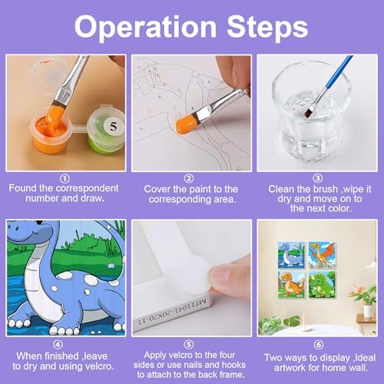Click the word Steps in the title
pyautogui.click(x=267, y=26)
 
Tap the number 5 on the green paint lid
pyautogui.click(x=113, y=127)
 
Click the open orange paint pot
pyautogui.click(x=50, y=134)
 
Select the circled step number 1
pyautogui.click(x=64, y=179)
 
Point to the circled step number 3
pyautogui.click(x=317, y=178)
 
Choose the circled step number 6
pyautogui.click(x=319, y=345)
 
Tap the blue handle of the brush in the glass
pyautogui.click(x=339, y=72)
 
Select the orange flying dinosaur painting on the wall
pyautogui.click(x=322, y=255)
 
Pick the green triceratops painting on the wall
pyautogui.click(x=322, y=285)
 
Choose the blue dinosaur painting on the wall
pyautogui.click(x=292, y=255)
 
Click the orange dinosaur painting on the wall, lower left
pyautogui.click(x=292, y=285)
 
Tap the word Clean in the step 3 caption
pyautogui.click(x=281, y=189)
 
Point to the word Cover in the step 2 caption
pyautogui.click(x=157, y=189)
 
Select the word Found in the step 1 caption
pyautogui.click(x=23, y=188)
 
